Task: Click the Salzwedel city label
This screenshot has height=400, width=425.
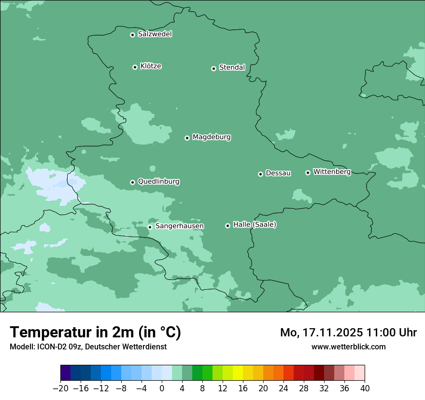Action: pyautogui.click(x=155, y=34)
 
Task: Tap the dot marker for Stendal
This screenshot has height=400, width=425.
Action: pyautogui.click(x=213, y=68)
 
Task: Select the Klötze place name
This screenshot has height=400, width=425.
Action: pyautogui.click(x=151, y=67)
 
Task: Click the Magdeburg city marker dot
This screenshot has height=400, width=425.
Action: pyautogui.click(x=187, y=138)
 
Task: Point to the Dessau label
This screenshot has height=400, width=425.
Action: pyautogui.click(x=278, y=173)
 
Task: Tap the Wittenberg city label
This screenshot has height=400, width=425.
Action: pyautogui.click(x=332, y=172)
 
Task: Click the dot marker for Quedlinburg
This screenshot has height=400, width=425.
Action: pyautogui.click(x=132, y=182)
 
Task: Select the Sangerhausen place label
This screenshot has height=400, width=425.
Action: pyautogui.click(x=179, y=226)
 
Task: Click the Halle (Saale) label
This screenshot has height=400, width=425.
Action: pyautogui.click(x=255, y=225)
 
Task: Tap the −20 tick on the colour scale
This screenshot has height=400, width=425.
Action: pyautogui.click(x=61, y=388)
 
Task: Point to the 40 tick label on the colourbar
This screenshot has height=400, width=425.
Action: pyautogui.click(x=365, y=388)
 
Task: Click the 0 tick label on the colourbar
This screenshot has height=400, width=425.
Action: pyautogui.click(x=162, y=388)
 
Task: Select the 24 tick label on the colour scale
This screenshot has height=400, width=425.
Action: pyautogui.click(x=283, y=388)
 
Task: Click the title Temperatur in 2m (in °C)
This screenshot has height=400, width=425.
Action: pyautogui.click(x=95, y=332)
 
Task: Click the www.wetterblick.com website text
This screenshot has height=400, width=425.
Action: pyautogui.click(x=348, y=347)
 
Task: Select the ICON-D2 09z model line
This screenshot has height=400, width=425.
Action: pyautogui.click(x=87, y=347)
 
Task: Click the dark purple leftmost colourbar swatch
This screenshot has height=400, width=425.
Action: pyautogui.click(x=66, y=373)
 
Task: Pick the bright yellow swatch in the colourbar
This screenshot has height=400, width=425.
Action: pyautogui.click(x=238, y=373)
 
